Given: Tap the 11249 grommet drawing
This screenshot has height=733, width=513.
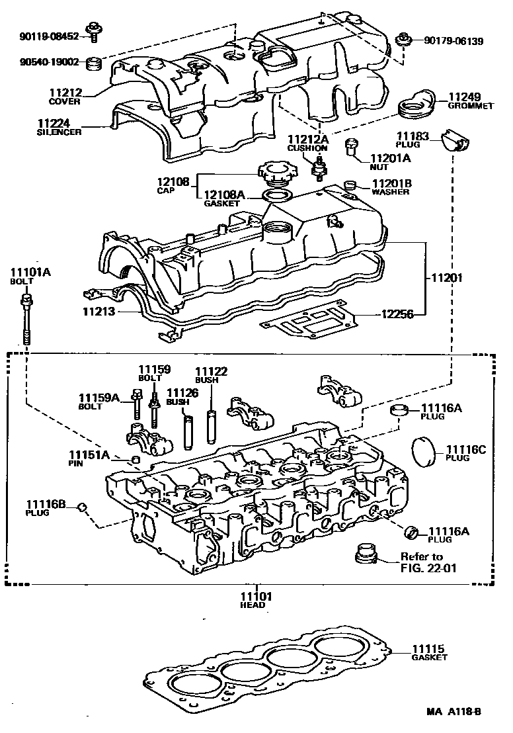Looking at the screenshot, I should click(x=414, y=105).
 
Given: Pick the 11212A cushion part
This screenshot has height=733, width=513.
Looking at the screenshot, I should click(x=319, y=167).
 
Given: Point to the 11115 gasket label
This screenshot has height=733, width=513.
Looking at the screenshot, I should click(x=429, y=652).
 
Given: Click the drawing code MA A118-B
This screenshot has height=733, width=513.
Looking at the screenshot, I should click(x=454, y=712).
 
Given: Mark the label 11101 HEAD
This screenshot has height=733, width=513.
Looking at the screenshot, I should click(x=253, y=600).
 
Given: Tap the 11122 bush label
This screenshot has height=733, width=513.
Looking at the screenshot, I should click(x=211, y=375).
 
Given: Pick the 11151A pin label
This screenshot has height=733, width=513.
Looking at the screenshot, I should click(x=90, y=458).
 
